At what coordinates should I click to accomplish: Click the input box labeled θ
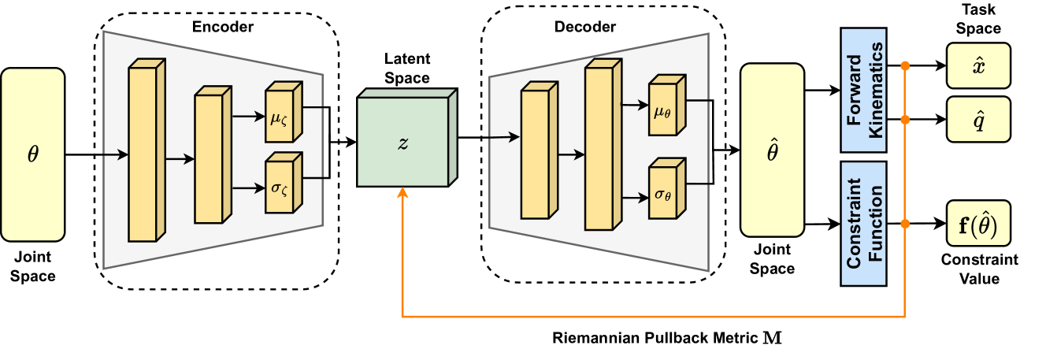[x=32, y=154]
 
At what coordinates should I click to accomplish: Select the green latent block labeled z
[x=403, y=142]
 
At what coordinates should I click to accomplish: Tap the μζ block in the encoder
[x=280, y=119]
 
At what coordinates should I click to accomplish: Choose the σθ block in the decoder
[x=662, y=192]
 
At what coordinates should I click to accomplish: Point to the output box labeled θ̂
[x=772, y=150]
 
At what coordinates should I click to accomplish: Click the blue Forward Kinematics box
[x=863, y=90]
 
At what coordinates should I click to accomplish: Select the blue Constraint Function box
[x=863, y=224]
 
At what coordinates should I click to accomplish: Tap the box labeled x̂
[x=978, y=65]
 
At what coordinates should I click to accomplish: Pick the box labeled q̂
[x=978, y=119]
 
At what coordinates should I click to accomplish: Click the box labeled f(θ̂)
[x=978, y=223]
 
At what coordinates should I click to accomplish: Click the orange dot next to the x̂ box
[x=905, y=66]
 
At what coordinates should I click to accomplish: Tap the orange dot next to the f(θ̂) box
[x=905, y=224]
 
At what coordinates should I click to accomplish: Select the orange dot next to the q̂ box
[x=905, y=120]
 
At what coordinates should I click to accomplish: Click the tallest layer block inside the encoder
[x=143, y=154]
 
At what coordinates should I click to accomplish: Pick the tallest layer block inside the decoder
[x=599, y=148]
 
